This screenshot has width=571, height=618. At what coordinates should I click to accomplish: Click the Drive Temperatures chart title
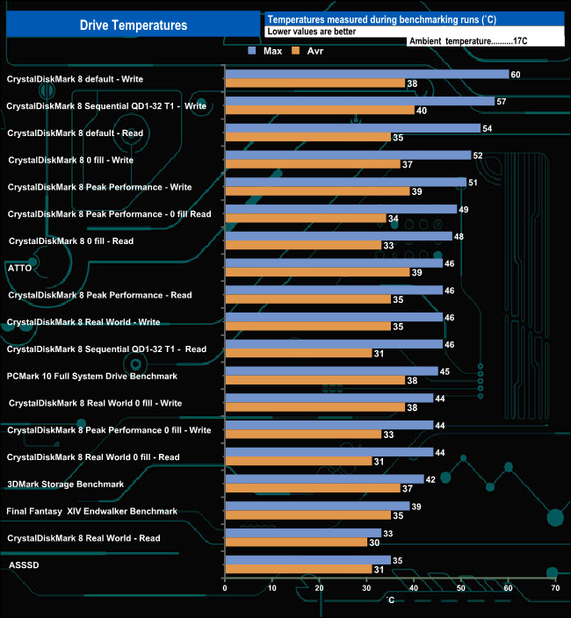[134, 25]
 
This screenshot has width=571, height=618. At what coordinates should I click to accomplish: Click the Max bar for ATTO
[334, 262]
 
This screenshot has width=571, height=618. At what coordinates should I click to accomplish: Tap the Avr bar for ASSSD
[299, 570]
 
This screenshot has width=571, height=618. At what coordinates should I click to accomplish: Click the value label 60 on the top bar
[516, 75]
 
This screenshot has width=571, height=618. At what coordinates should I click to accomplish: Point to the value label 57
[502, 102]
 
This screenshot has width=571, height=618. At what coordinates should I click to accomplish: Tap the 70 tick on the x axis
[555, 589]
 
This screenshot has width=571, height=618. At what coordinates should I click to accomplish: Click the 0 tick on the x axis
[226, 589]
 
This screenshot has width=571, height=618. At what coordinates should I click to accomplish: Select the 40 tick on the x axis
[414, 589]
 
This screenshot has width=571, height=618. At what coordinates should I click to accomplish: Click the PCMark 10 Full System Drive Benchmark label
[91, 376]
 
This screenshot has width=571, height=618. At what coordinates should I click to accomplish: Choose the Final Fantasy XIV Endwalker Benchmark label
[91, 511]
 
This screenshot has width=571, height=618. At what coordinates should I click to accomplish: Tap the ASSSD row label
[23, 565]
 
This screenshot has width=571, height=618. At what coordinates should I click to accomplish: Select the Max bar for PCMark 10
[331, 370]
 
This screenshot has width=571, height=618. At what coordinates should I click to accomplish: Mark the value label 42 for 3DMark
[430, 479]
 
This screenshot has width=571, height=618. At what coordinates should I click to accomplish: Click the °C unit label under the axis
[392, 600]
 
